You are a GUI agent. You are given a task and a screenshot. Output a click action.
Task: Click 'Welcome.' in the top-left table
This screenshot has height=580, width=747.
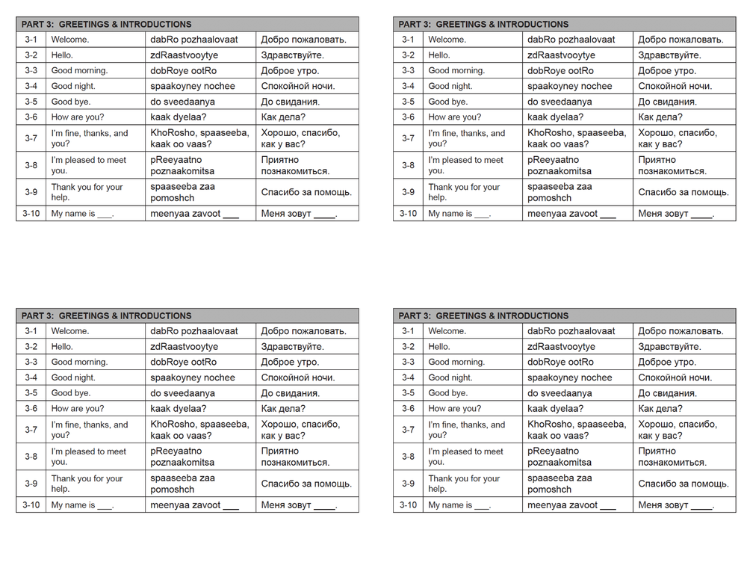click(x=69, y=40)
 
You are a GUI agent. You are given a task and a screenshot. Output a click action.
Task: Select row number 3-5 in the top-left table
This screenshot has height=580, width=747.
click(x=31, y=102)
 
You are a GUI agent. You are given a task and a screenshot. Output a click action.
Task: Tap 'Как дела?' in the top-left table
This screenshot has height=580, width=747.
click(x=283, y=117)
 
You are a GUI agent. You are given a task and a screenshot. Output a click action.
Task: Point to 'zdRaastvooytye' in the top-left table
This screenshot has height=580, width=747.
click(x=184, y=55)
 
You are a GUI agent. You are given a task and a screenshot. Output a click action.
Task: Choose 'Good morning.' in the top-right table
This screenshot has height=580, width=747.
click(x=456, y=71)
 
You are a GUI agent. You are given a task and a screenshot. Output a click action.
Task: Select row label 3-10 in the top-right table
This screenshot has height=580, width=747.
click(x=408, y=214)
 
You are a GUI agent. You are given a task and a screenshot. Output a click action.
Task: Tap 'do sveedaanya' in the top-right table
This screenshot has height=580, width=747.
click(x=560, y=102)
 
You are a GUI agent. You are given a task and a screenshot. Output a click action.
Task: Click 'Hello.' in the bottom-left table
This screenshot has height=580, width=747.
click(x=62, y=347)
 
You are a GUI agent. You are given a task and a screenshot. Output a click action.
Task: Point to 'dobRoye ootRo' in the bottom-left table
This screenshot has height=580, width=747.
click(x=183, y=362)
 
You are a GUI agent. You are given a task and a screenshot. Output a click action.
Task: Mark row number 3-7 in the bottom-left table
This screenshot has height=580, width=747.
click(x=31, y=430)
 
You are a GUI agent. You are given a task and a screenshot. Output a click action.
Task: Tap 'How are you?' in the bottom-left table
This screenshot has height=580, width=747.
click(x=78, y=409)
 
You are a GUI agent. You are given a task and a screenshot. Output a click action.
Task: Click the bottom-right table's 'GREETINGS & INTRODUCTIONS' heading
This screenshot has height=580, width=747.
click(x=502, y=315)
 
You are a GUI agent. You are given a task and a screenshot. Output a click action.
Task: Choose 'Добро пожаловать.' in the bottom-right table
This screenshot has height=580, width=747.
click(x=681, y=331)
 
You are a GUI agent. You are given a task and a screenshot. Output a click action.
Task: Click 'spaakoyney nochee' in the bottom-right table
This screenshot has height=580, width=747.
click(x=569, y=378)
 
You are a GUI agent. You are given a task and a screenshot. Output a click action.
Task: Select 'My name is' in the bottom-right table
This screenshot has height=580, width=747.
click(x=450, y=505)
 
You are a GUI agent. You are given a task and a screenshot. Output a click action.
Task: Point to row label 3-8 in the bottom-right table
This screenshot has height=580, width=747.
click(x=408, y=457)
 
